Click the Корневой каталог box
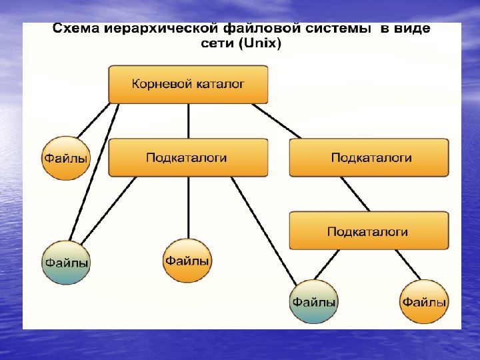[188, 84]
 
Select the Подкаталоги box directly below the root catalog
[188, 157]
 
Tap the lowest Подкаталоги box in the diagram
[369, 231]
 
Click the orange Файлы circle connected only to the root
[65, 158]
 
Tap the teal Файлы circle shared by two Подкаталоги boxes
[313, 301]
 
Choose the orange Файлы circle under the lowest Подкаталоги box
[424, 301]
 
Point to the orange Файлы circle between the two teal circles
[187, 260]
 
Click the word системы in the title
[337, 29]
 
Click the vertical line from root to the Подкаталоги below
[189, 121]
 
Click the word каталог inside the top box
[219, 85]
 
